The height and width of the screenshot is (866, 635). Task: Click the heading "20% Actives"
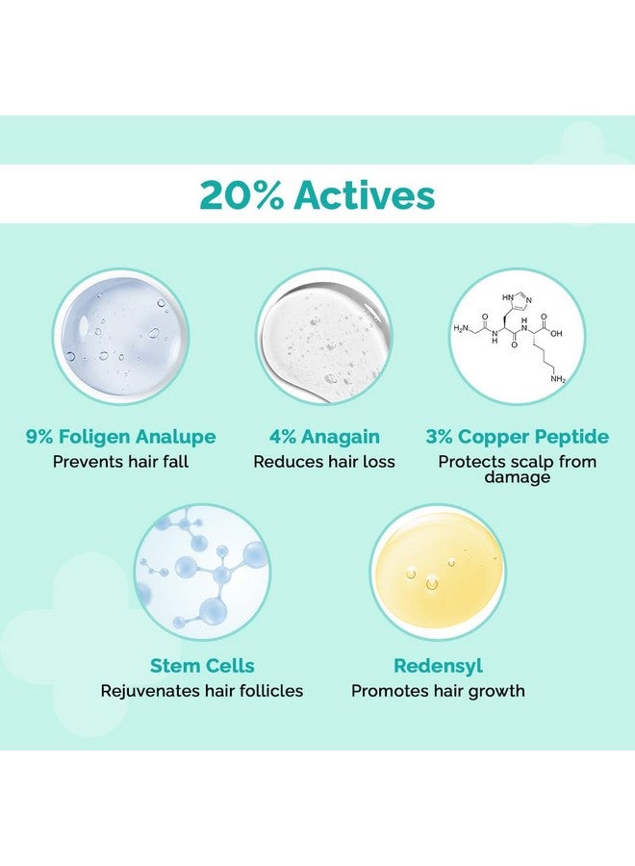coord(317,195)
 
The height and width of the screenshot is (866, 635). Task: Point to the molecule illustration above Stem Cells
coord(203,575)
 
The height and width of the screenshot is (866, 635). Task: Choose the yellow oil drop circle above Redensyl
coord(438,573)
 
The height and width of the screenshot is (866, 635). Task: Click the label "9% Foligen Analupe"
coord(121,437)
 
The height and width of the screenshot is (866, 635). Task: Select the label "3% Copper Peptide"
coord(518,437)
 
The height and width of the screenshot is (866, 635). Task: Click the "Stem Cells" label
coord(202,666)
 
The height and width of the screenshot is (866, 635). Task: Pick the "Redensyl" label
coord(438,666)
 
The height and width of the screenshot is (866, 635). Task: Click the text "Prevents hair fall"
coord(121,462)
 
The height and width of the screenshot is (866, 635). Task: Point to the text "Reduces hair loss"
coord(324,462)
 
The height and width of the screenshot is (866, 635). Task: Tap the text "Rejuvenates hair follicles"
coord(202,691)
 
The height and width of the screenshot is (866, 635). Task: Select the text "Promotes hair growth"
coord(438,691)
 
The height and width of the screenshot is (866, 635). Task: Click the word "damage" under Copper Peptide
coord(518,477)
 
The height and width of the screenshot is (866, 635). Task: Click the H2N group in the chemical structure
coord(463,328)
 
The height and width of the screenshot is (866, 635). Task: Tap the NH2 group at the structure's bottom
coord(559,379)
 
